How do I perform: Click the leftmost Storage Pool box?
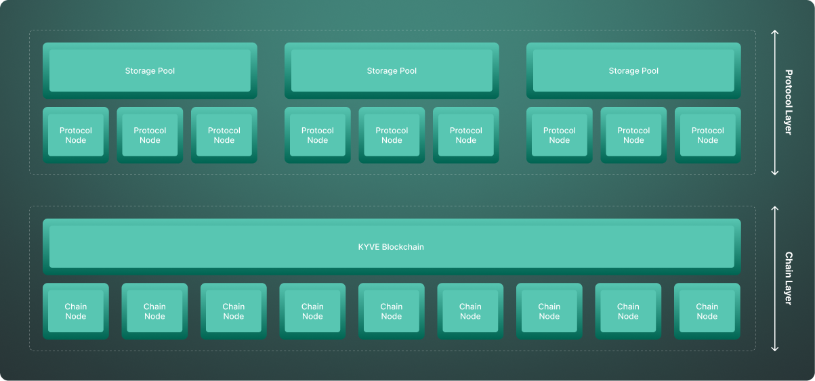pos(150,70)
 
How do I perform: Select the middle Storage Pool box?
pos(392,70)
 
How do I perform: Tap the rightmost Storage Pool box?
pos(633,70)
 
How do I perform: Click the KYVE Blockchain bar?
pos(392,246)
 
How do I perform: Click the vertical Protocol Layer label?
pos(789,102)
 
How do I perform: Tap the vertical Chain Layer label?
pos(789,278)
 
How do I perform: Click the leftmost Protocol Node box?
pos(76,135)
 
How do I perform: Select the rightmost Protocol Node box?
pos(708,135)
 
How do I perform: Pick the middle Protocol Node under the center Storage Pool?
pos(392,135)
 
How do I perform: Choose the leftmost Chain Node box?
pos(76,311)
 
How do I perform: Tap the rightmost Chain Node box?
pos(707,311)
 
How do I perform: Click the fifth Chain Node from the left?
pos(392,311)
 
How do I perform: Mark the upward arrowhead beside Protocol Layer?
pos(775,32)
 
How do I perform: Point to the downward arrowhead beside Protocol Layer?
pos(775,173)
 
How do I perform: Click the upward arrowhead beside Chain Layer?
pos(775,208)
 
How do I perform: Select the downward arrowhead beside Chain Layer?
pos(775,349)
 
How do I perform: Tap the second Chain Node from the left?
pos(154,311)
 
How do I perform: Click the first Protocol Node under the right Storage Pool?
pos(559,135)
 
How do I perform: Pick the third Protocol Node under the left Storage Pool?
pos(224,135)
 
